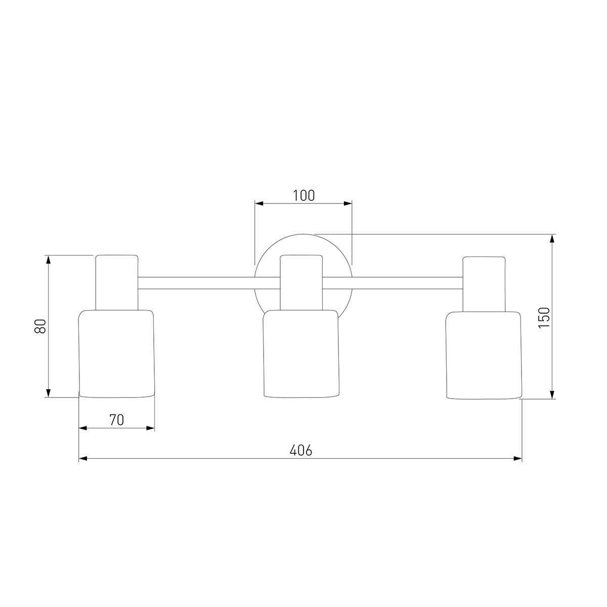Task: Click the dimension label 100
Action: (x=303, y=196)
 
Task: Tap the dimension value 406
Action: (x=301, y=451)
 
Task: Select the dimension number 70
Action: (x=116, y=420)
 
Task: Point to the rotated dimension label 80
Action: (x=40, y=326)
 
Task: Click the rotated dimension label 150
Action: (x=544, y=318)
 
